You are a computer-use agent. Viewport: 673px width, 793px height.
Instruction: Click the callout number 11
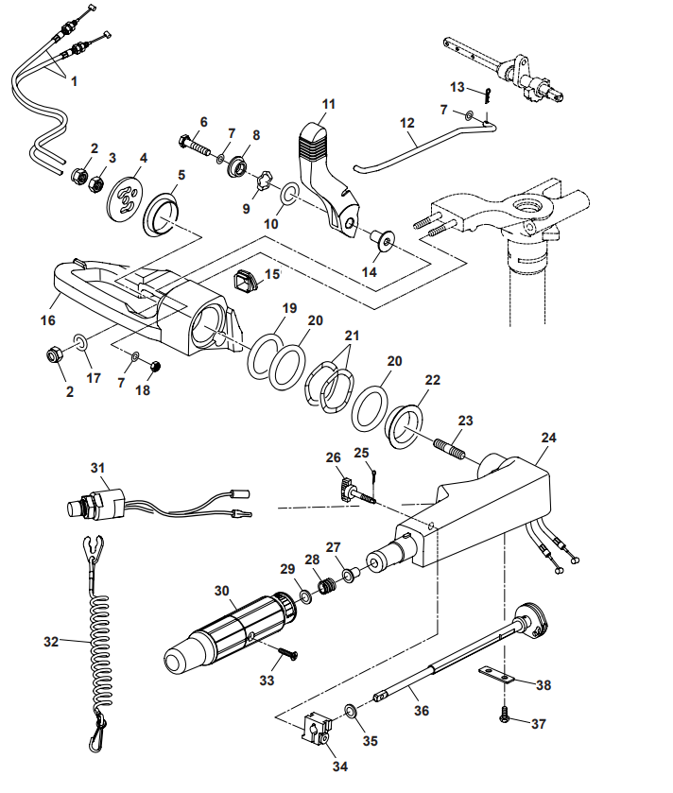(328, 102)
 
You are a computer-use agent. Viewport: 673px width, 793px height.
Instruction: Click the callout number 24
(549, 438)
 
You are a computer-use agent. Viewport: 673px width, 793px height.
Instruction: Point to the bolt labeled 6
(195, 145)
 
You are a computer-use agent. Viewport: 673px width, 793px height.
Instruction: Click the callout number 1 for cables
(74, 80)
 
